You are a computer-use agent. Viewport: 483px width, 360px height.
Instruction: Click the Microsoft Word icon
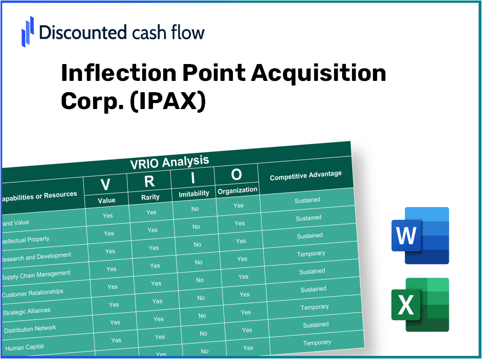click(420, 236)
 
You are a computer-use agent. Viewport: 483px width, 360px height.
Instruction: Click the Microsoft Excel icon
click(420, 305)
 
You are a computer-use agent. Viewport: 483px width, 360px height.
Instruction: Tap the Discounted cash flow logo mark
click(28, 32)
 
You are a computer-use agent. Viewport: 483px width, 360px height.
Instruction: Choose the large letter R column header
click(149, 181)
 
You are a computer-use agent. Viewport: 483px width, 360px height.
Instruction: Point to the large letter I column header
click(193, 178)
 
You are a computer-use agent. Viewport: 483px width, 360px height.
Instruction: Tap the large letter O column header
click(236, 175)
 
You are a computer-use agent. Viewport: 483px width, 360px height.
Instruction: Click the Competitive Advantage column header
click(305, 176)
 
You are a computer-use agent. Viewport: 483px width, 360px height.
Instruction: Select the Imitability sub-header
click(194, 194)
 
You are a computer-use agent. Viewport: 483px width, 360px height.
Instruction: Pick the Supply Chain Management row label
click(36, 275)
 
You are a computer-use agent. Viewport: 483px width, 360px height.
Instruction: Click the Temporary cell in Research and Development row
click(311, 253)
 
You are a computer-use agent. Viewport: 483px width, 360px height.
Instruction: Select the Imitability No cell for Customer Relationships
click(201, 298)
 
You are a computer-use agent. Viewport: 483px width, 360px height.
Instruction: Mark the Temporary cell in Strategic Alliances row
click(315, 307)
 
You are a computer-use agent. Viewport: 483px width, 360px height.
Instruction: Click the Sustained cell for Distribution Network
click(316, 325)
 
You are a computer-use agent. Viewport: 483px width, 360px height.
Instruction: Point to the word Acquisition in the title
click(318, 74)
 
